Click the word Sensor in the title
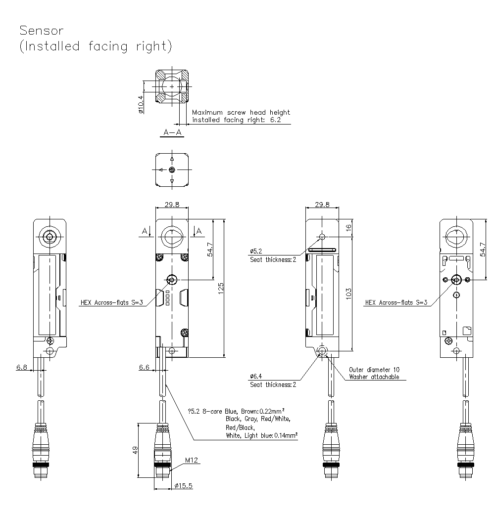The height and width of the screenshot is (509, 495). [42, 30]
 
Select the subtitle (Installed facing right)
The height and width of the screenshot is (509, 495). [96, 46]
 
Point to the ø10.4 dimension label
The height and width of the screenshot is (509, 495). [141, 105]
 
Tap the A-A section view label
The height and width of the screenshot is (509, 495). [172, 132]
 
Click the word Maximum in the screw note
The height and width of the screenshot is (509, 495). [208, 112]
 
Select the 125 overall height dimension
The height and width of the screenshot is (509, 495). [221, 287]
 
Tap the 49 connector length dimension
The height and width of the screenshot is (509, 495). [134, 450]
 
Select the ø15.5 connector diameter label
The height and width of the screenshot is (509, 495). [183, 486]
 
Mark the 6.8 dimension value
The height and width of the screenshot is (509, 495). [22, 367]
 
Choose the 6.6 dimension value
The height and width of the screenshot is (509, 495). [144, 367]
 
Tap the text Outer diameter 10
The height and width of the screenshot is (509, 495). [374, 369]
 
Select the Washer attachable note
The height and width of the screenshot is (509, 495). [374, 377]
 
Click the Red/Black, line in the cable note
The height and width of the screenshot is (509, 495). [240, 427]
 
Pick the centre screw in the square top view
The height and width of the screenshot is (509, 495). [172, 170]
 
